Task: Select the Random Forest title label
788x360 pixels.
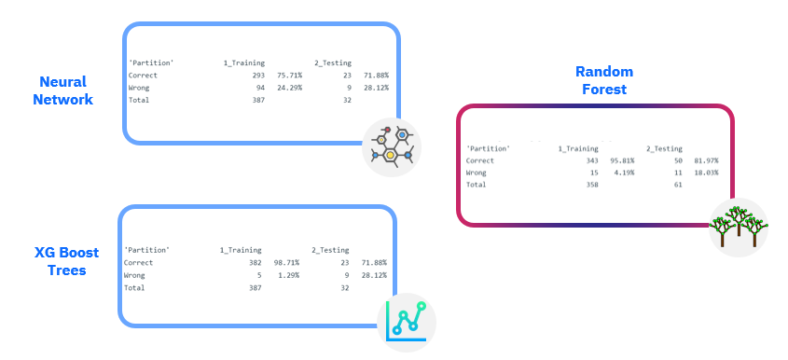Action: point(603,81)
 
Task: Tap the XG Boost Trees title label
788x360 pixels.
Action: point(61,261)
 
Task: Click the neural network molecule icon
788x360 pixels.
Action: point(392,145)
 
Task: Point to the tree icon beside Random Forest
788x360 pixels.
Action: point(738,227)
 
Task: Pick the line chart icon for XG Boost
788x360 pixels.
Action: point(408,322)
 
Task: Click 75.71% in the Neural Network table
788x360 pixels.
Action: point(289,75)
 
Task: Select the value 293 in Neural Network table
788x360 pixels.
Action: point(258,75)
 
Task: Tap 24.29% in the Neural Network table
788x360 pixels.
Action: point(289,88)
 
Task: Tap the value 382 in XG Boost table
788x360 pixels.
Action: point(255,263)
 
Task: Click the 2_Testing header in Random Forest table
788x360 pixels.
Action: point(665,148)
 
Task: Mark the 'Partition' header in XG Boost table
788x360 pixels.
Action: point(147,250)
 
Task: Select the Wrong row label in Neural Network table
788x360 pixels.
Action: point(139,88)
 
